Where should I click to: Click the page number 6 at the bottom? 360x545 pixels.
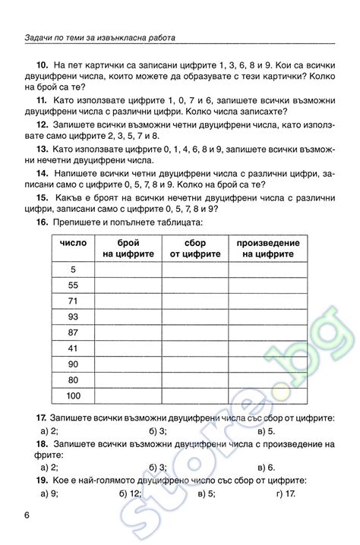[27, 517]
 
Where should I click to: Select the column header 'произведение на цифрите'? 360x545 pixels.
[267, 248]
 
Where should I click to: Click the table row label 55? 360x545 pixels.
[73, 285]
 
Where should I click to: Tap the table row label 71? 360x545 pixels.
[73, 301]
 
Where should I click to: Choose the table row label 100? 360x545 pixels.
[73, 396]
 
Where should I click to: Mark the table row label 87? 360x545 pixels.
[73, 333]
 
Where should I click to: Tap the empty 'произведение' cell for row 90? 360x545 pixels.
[267, 365]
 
